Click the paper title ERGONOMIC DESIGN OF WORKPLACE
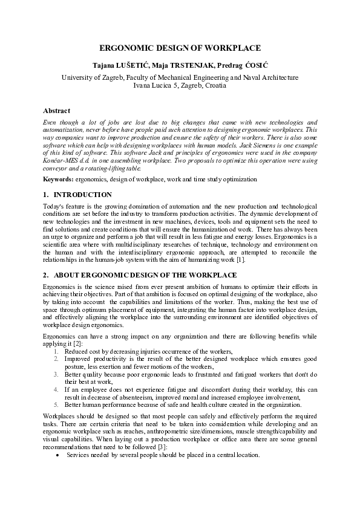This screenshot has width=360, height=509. pyautogui.click(x=180, y=48)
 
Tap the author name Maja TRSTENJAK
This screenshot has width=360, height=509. pyautogui.click(x=189, y=65)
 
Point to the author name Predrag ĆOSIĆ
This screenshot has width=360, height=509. pyautogui.click(x=245, y=65)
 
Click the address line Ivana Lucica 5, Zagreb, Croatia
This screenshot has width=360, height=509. pyautogui.click(x=180, y=86)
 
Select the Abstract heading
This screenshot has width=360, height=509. pyautogui.click(x=56, y=111)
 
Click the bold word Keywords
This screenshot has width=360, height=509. pyautogui.click(x=57, y=180)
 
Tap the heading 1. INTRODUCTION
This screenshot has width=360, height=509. pyautogui.click(x=77, y=195)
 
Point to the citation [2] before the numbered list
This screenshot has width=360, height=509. pyautogui.click(x=77, y=343)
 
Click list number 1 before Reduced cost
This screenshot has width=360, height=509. pyautogui.click(x=56, y=351)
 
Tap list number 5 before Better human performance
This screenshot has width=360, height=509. pyautogui.click(x=56, y=405)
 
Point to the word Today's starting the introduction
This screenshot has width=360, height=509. pyautogui.click(x=53, y=206)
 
